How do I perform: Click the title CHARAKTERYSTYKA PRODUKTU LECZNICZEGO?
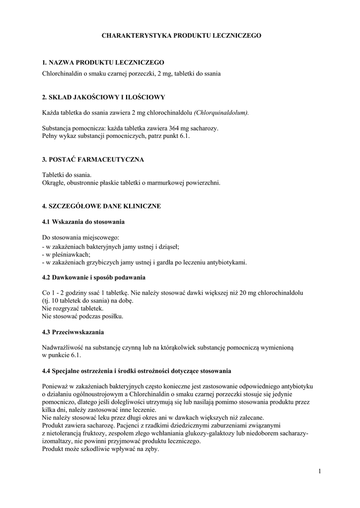point(181,36)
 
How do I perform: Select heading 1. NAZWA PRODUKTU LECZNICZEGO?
point(103,63)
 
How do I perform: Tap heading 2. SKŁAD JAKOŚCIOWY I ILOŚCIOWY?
point(103,97)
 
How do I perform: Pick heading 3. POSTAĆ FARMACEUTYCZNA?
point(93,159)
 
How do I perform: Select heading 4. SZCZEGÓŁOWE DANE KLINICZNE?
point(101,205)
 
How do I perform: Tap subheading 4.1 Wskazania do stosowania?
point(83,221)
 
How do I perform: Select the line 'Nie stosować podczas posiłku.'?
point(82,316)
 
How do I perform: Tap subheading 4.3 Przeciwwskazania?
point(73,331)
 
